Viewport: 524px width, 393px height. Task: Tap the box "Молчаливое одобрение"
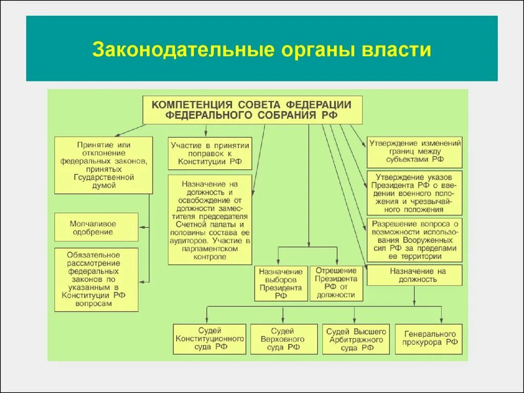coord(96,227)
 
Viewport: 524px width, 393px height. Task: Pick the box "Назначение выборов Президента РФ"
coord(280,283)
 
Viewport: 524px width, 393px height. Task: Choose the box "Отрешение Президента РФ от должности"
coord(336,282)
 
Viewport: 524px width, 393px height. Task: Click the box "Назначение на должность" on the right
coord(414,275)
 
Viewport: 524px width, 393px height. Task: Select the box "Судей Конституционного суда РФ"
coord(209,339)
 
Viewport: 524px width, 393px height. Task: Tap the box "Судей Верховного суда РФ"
coord(286,339)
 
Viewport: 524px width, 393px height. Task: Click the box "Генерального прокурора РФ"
coord(429,338)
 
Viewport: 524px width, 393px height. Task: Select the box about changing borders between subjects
coord(415,151)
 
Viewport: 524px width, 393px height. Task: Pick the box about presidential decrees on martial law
coord(415,193)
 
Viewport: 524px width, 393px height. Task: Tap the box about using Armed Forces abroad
coord(415,240)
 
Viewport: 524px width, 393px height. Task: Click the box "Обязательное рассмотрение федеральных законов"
coord(96,279)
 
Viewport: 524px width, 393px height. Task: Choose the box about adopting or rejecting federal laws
coord(103,165)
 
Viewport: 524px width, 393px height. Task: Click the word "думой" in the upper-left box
coord(103,186)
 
